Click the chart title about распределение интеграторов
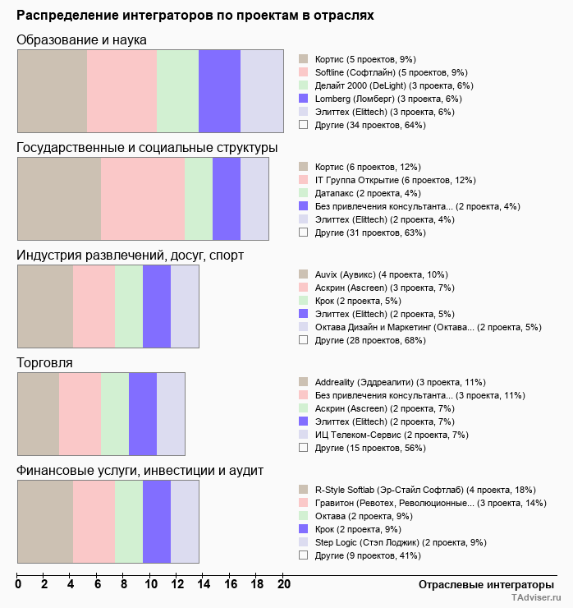click(195, 15)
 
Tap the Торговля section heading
click(45, 362)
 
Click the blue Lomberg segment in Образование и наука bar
click(219, 91)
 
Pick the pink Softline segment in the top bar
click(121, 91)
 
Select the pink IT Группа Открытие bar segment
click(143, 199)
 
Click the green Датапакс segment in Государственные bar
click(199, 199)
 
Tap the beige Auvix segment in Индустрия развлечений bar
click(45, 306)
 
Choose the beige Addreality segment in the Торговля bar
click(38, 413)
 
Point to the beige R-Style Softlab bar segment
click(45, 521)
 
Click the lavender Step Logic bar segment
click(185, 521)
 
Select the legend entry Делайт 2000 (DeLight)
click(393, 85)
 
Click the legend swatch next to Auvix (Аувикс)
click(303, 274)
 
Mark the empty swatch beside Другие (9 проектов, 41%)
click(303, 555)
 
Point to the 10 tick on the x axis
click(151, 586)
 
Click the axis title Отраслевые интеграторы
click(480, 584)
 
